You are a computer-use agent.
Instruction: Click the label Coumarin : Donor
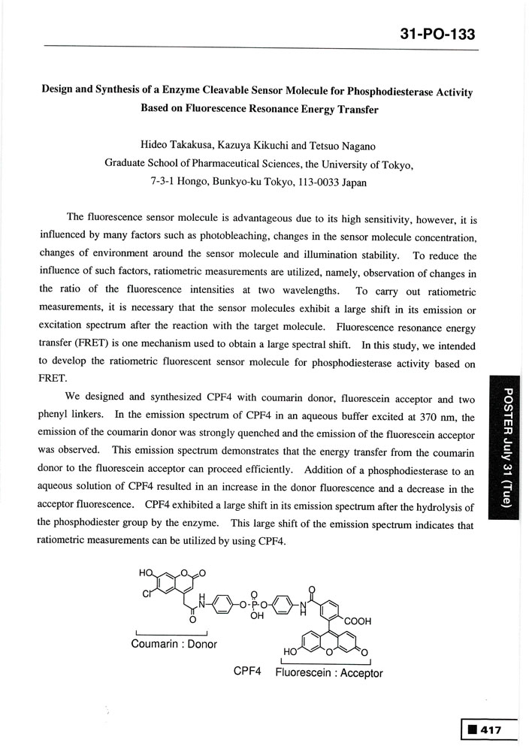coord(174,643)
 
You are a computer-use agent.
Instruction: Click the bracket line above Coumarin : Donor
coord(174,632)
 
